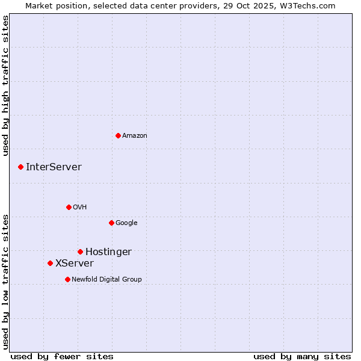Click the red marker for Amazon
[118, 135]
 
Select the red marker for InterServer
[20, 167]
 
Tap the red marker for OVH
[69, 207]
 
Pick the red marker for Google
[111, 223]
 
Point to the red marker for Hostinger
[80, 251]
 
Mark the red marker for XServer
[50, 263]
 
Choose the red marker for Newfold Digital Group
[67, 279]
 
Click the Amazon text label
[135, 136]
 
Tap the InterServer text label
[54, 167]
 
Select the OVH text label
[80, 208]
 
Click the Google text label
[126, 223]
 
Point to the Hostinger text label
[108, 252]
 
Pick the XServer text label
[75, 264]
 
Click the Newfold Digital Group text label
[106, 280]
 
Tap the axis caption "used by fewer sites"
[62, 356]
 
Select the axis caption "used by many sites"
[302, 356]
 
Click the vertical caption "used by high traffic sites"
[5, 86]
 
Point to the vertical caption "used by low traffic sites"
[5, 282]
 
